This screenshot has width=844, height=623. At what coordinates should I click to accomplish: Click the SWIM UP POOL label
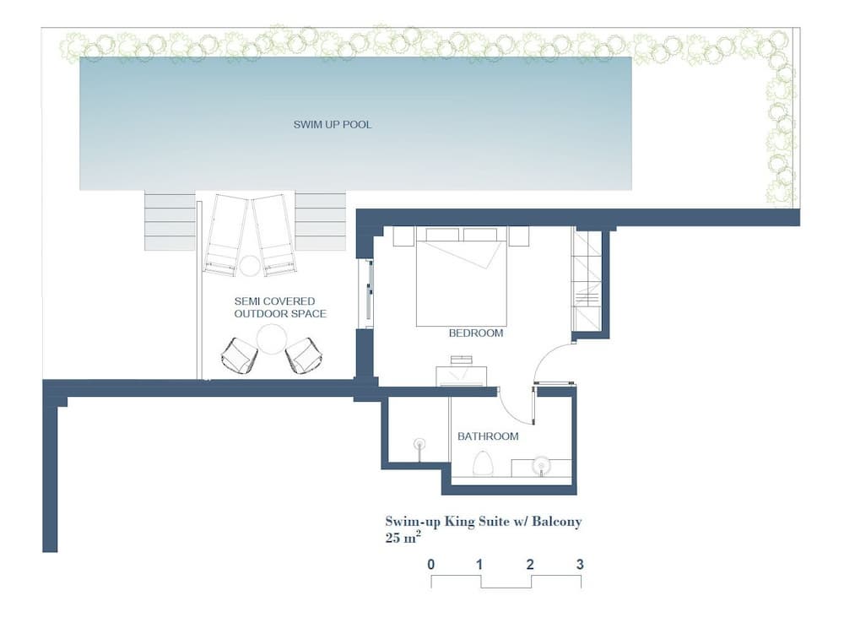[x=332, y=124]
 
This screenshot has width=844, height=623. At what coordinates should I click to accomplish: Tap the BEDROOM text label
[x=476, y=333]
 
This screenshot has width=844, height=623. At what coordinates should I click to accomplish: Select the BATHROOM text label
[x=488, y=436]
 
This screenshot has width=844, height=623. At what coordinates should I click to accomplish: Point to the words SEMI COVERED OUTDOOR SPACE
[x=280, y=307]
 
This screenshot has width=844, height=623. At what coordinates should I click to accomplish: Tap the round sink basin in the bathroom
[x=542, y=465]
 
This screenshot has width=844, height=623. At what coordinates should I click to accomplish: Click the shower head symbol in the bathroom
[x=419, y=445]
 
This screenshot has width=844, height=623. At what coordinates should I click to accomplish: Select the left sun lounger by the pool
[x=224, y=235]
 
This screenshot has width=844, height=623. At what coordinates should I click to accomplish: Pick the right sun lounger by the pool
[x=274, y=235]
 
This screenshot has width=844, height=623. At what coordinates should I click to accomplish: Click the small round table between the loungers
[x=250, y=266]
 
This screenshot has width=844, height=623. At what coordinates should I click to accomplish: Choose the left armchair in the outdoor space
[x=239, y=355]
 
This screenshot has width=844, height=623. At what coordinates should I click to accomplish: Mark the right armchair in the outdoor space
[x=302, y=355]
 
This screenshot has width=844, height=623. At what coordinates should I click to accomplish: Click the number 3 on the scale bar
[x=580, y=564]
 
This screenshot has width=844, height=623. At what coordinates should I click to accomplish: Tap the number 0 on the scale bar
[x=431, y=564]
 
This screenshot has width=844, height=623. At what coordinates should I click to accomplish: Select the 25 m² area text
[x=403, y=537]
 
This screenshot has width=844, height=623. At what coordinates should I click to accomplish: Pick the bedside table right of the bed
[x=518, y=236]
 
